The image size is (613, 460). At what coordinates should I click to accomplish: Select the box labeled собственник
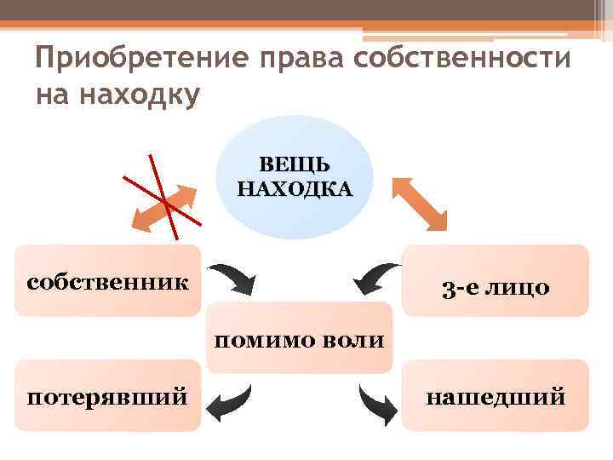[108, 280]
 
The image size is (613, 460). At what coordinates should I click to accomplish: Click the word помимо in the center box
[263, 342]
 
